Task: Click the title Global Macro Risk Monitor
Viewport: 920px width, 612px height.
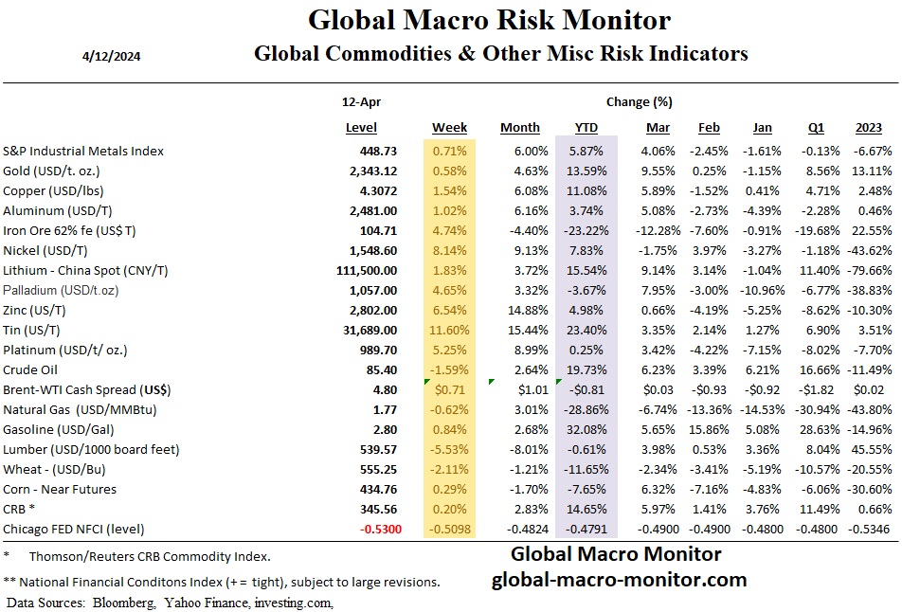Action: tap(489, 20)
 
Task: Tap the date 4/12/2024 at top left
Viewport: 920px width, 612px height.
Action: tap(112, 55)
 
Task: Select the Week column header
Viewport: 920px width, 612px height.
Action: tap(449, 127)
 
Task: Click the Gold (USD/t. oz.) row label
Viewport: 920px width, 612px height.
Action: tap(65, 171)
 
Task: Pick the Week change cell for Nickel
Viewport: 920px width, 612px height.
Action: tap(450, 250)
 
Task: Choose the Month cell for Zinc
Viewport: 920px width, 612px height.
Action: tap(520, 310)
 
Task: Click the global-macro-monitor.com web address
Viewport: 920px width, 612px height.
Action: tap(619, 580)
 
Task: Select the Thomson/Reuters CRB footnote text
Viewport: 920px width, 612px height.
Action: tap(150, 556)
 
